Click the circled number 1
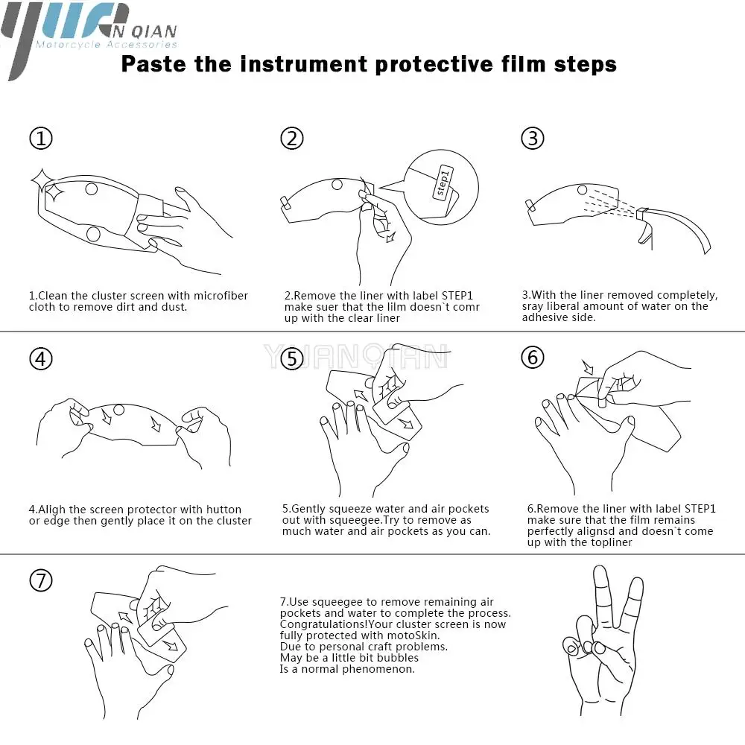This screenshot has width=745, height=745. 41,139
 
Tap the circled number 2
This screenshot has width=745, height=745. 292,139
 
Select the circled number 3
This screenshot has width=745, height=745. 533,139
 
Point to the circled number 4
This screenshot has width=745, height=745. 41,359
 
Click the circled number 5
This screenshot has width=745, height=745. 292,359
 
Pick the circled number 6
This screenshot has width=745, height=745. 533,358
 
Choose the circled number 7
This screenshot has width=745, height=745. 41,580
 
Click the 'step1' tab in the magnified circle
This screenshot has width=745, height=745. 443,183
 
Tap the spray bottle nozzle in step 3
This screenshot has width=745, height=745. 642,213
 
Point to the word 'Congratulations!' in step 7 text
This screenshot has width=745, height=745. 323,624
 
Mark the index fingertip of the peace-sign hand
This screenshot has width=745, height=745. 600,570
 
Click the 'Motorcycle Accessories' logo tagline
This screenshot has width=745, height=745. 107,45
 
